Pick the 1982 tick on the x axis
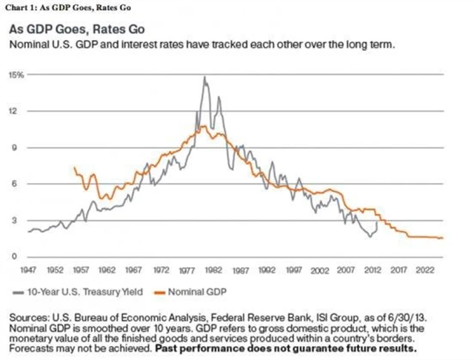pyautogui.click(x=216, y=270)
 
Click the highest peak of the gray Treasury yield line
pyautogui.click(x=204, y=77)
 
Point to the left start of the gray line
pyautogui.click(x=28, y=232)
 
